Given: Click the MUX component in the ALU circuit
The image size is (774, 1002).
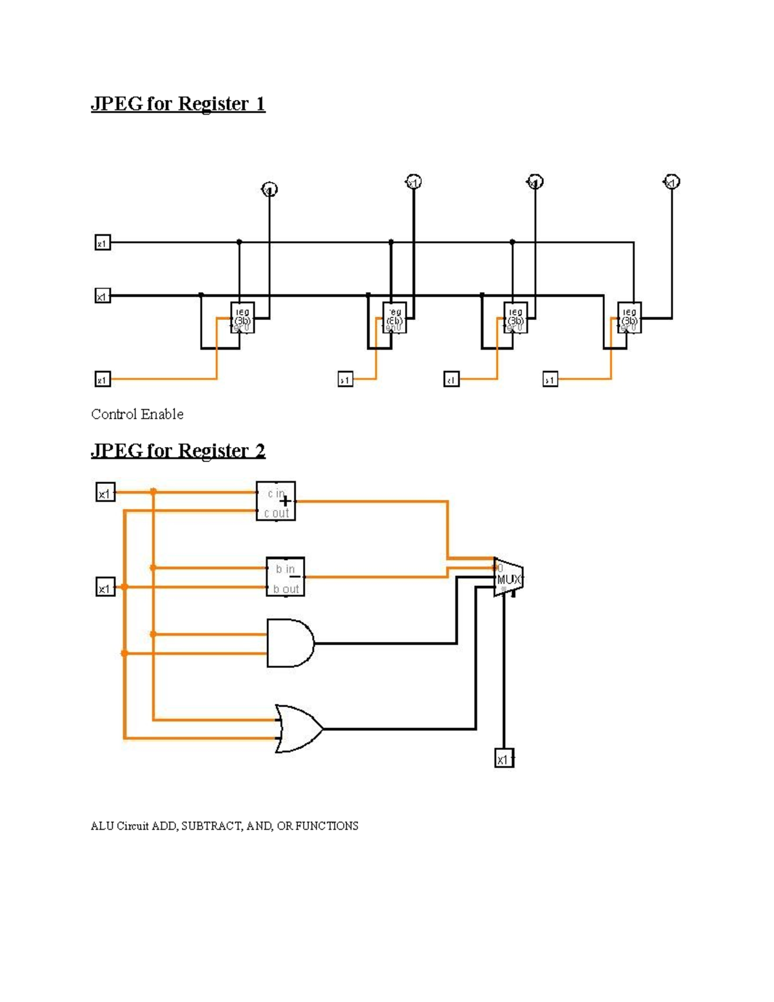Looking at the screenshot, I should pyautogui.click(x=508, y=577).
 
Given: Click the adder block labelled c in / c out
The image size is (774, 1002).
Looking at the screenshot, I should pyautogui.click(x=276, y=501).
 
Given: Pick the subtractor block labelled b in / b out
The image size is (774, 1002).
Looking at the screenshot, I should pyautogui.click(x=285, y=577).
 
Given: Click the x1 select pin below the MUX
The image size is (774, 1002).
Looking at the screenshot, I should pyautogui.click(x=504, y=759).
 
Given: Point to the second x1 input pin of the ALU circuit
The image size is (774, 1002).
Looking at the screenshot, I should pyautogui.click(x=105, y=588).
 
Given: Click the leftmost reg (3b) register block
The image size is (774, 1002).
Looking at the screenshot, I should pyautogui.click(x=243, y=318).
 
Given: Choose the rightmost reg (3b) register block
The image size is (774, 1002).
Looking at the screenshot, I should pyautogui.click(x=630, y=318).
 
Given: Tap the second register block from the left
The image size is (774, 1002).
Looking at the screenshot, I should pyautogui.click(x=394, y=318).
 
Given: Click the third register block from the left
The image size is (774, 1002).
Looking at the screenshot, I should pyautogui.click(x=515, y=318).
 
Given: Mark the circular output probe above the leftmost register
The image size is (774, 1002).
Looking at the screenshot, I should pyautogui.click(x=270, y=189).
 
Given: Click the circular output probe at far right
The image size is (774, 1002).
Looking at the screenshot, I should pyautogui.click(x=672, y=182).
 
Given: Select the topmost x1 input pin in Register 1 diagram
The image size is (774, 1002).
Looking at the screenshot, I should pyautogui.click(x=103, y=243).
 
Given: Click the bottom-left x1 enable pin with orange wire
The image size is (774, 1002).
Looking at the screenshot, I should pyautogui.click(x=103, y=379).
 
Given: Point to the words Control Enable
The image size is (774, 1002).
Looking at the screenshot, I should pyautogui.click(x=137, y=414).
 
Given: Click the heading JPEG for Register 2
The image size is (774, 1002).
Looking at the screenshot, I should pyautogui.click(x=178, y=450).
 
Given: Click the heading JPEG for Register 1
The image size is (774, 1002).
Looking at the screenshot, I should pyautogui.click(x=178, y=104).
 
